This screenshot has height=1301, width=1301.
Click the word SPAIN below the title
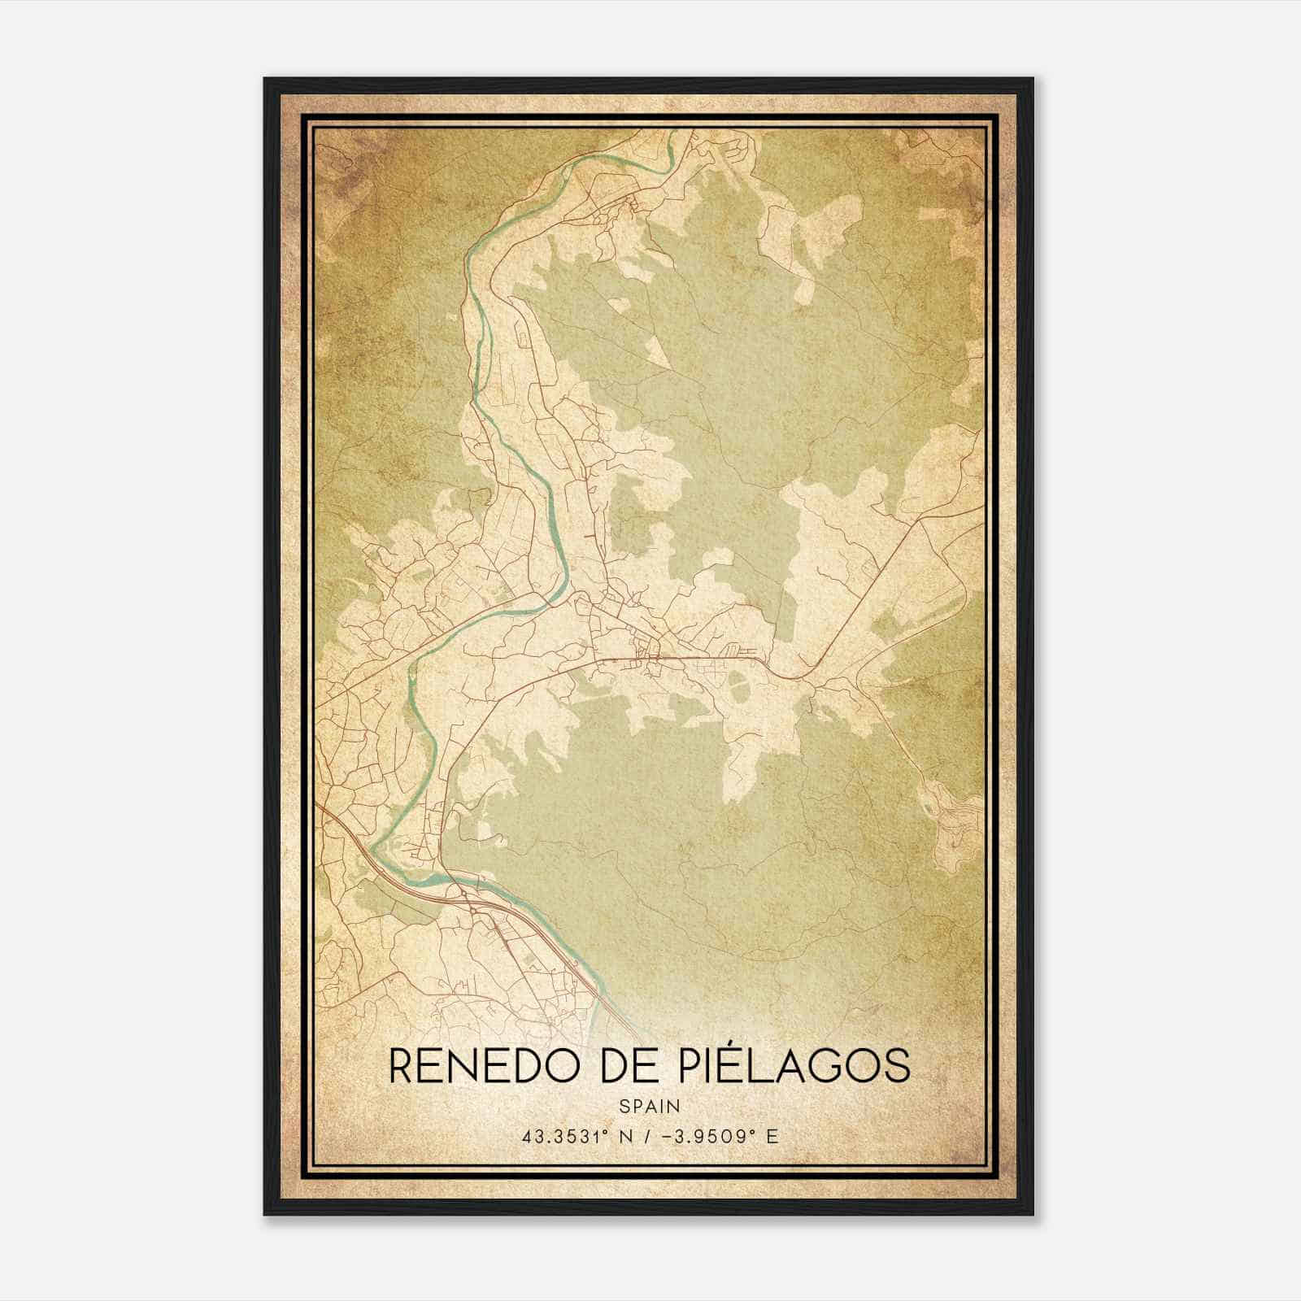[650, 1106]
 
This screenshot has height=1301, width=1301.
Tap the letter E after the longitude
[772, 1136]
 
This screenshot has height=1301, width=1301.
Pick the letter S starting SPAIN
[624, 1106]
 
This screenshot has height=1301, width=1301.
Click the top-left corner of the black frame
[265, 79]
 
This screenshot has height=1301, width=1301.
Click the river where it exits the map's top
[670, 133]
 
